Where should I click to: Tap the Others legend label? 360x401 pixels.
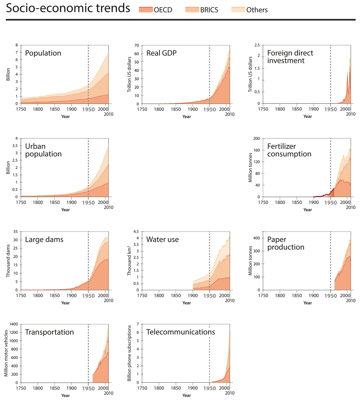[257, 10]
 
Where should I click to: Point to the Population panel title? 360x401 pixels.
[43, 53]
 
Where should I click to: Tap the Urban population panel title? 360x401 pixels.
[43, 150]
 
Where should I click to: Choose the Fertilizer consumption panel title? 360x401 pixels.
[289, 150]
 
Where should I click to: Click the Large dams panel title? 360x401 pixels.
[44, 240]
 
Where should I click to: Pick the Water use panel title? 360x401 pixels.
[162, 240]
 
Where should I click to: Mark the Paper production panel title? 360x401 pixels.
[285, 243]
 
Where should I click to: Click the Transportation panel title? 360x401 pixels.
[49, 332]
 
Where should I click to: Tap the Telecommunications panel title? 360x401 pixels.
[180, 332]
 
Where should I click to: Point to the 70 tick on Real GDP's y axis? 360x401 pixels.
[136, 45]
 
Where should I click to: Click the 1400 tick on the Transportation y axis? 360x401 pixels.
[13, 324]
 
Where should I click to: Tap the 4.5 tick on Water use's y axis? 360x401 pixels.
[136, 232]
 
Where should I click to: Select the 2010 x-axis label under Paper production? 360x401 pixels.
[351, 300]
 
